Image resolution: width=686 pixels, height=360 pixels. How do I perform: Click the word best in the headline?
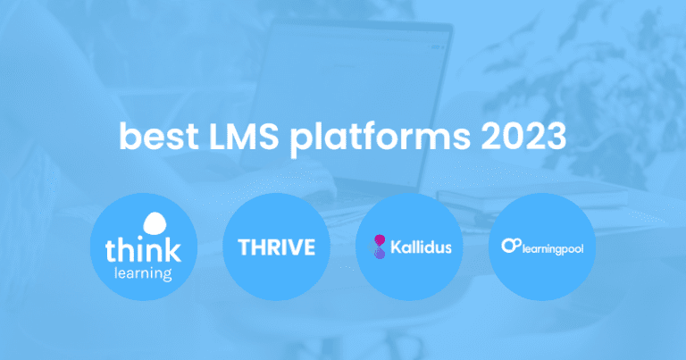click(x=155, y=138)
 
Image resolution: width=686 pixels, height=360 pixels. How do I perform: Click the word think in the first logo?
click(x=144, y=248)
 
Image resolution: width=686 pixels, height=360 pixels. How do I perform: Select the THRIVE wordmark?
click(x=276, y=247)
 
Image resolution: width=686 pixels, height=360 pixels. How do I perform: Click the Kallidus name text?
click(x=420, y=247)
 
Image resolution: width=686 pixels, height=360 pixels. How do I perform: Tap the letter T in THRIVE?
click(x=243, y=247)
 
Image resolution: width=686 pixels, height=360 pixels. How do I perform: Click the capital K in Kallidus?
click(x=394, y=247)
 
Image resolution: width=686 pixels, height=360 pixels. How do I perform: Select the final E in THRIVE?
click(x=308, y=247)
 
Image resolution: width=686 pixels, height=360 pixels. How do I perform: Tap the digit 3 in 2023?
click(x=555, y=138)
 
